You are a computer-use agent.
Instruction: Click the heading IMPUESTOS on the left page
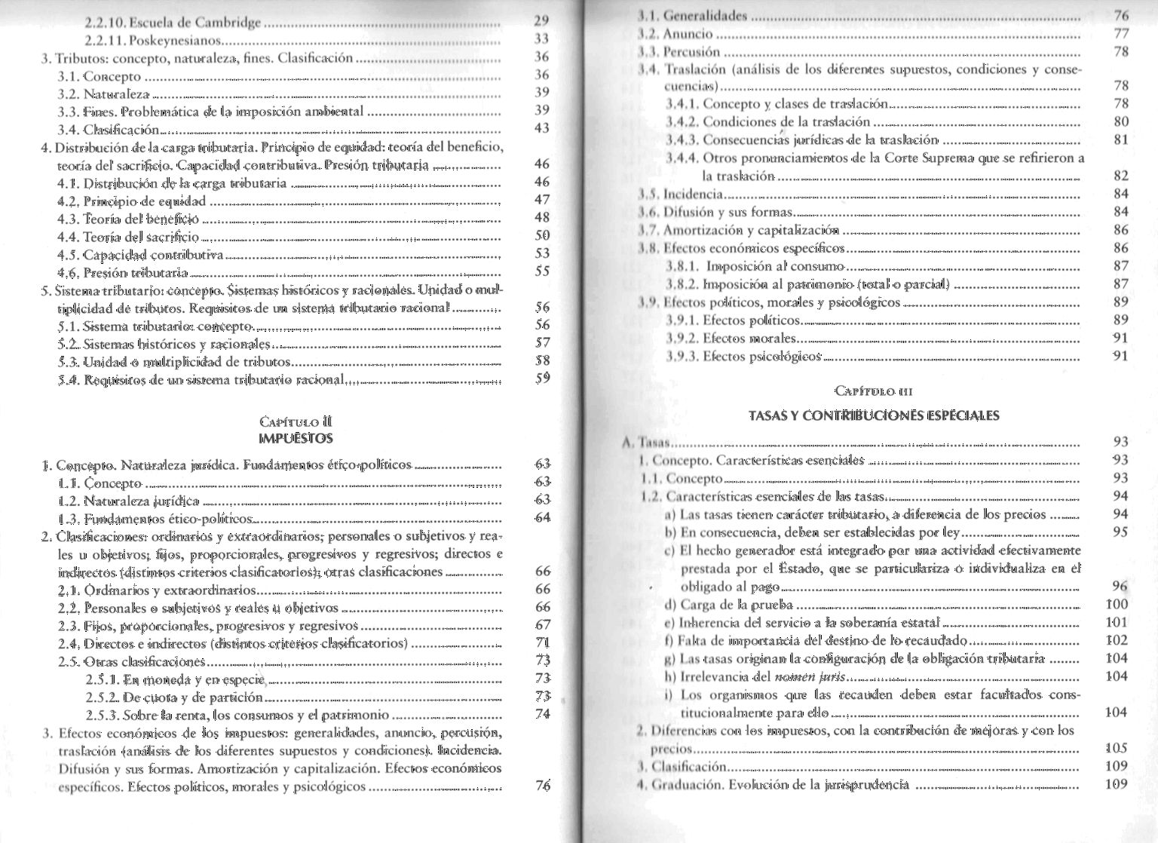tap(295, 438)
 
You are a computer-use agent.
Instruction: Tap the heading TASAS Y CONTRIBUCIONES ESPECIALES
tap(874, 415)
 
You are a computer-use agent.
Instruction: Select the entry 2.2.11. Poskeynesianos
tap(153, 40)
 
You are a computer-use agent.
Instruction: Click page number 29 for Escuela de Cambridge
tap(541, 21)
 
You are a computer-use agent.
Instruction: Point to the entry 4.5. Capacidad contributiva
tap(141, 254)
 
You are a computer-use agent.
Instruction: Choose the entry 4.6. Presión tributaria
tap(123, 272)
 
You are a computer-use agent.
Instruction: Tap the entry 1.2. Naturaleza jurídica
tap(129, 501)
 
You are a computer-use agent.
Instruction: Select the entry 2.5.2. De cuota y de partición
tap(174, 697)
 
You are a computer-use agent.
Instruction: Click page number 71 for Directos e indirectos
tap(542, 643)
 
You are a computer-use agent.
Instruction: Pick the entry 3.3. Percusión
tap(682, 52)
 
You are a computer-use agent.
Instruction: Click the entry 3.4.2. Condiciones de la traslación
tap(768, 122)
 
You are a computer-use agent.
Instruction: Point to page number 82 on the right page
tap(1120, 176)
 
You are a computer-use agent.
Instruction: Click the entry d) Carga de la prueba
tap(729, 604)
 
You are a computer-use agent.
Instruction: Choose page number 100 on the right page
tap(1116, 604)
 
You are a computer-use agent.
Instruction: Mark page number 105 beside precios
tap(1116, 748)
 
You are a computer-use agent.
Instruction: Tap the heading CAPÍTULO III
tap(874, 391)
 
